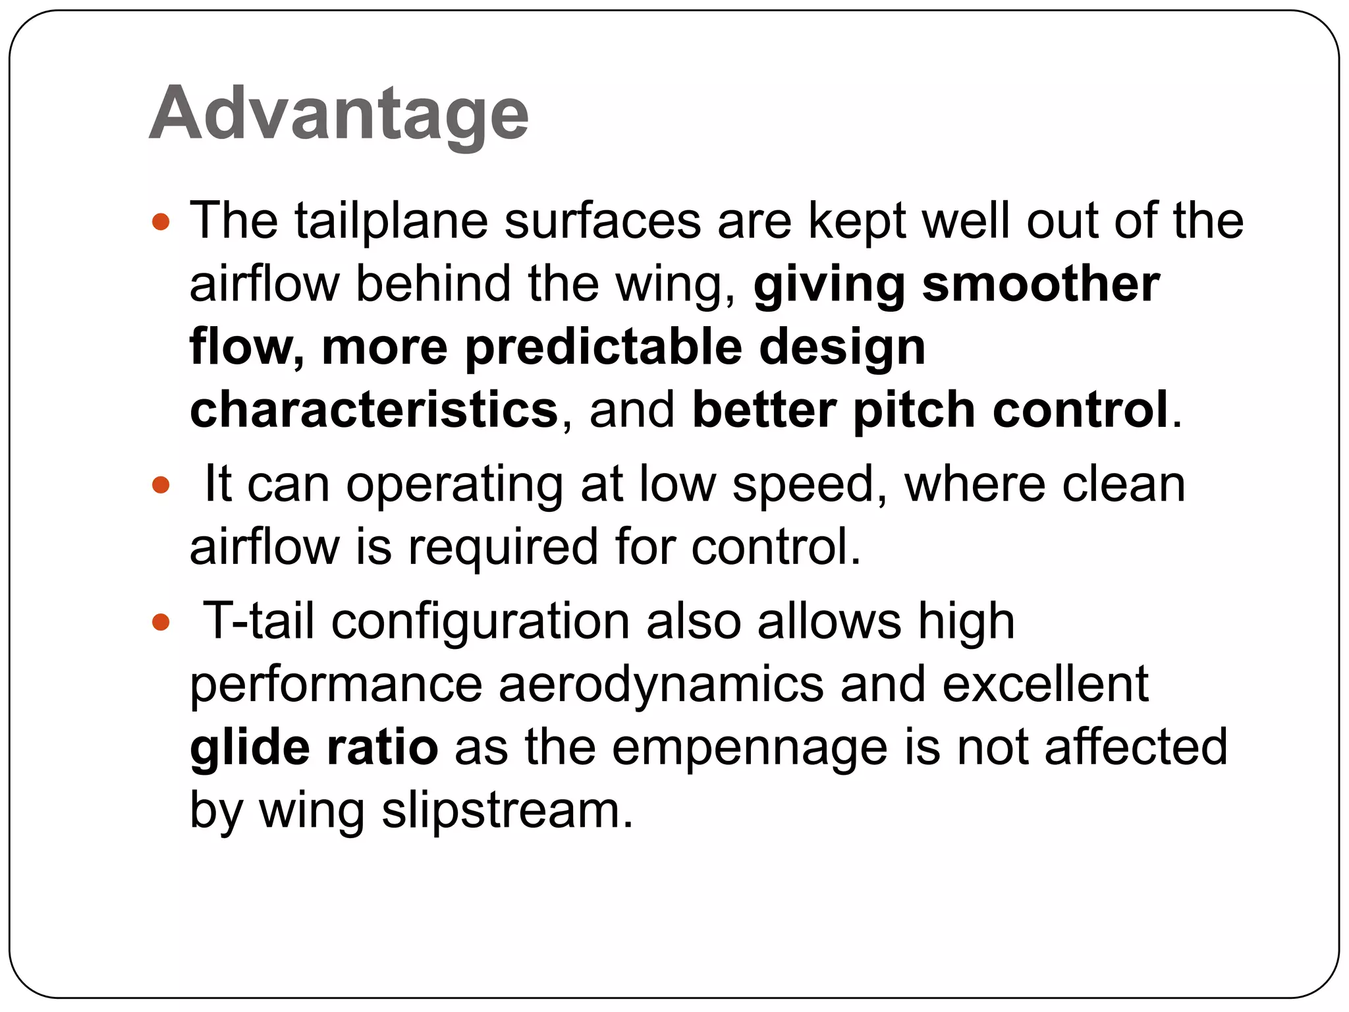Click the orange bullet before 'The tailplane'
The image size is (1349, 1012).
161,221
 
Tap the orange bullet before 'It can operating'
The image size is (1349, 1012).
161,486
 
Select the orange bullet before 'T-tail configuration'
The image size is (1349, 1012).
161,622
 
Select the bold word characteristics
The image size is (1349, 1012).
374,410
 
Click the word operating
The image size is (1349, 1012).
454,486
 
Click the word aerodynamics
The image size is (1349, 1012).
661,685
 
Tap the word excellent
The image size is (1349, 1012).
1045,685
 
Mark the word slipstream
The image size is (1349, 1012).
507,810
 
